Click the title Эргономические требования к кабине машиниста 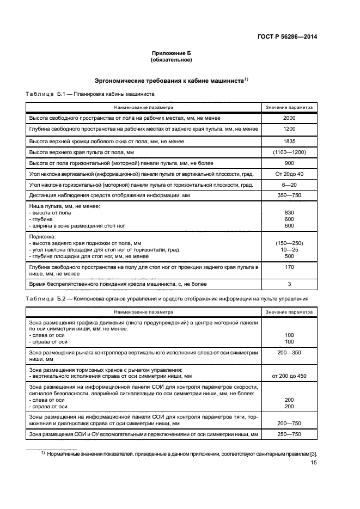169,80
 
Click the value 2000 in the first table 289,118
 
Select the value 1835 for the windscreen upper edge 289,140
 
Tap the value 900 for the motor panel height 289,163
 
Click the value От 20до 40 289,174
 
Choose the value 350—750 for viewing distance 289,195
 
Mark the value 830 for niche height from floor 289,213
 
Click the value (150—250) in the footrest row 289,243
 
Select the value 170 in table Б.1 289,267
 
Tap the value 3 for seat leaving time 289,284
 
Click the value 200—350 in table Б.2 289,353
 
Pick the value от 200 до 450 289,376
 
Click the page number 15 314,463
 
